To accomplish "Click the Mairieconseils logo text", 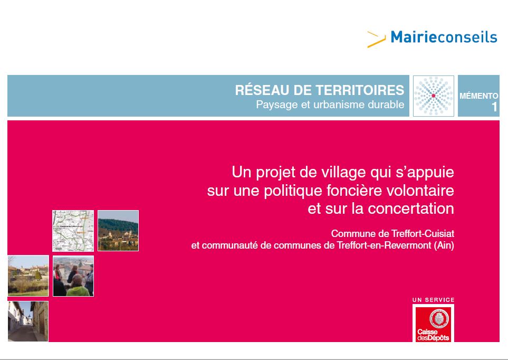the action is point(444,37).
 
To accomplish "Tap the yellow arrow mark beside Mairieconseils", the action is point(376,40).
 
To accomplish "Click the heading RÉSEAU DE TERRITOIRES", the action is point(320,90).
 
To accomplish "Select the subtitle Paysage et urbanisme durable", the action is point(330,105).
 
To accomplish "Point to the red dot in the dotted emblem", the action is point(434,96).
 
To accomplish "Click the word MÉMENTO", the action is point(478,96).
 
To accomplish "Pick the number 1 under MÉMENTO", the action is point(494,107).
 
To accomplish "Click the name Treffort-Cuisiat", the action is point(423,233).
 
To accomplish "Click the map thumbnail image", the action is point(73,231).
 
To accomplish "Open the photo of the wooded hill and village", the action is point(118,231).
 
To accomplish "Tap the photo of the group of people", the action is point(73,276).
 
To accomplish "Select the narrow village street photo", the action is point(28,321).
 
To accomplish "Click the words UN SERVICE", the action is point(434,300).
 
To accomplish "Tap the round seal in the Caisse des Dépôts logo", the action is point(439,318).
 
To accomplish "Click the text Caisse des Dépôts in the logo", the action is point(433,335).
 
